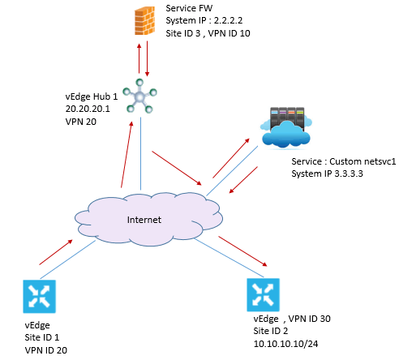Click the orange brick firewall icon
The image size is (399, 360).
(x=145, y=21)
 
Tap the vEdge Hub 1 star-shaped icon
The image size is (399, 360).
(x=139, y=96)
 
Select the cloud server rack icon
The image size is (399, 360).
(x=286, y=127)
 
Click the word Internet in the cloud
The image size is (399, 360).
(x=144, y=220)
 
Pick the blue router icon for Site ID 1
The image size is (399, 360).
(x=39, y=296)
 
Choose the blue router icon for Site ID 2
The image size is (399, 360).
(x=263, y=295)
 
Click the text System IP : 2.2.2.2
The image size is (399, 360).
(x=204, y=20)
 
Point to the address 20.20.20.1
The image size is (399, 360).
(x=88, y=109)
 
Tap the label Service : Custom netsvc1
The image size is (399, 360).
(x=344, y=161)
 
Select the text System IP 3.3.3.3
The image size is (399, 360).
(x=327, y=174)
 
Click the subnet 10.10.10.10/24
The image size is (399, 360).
(x=285, y=344)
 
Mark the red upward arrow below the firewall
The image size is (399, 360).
(x=139, y=58)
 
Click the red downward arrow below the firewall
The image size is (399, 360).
(x=147, y=58)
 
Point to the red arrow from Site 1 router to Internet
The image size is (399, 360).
(x=56, y=252)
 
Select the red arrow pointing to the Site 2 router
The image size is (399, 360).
(x=242, y=251)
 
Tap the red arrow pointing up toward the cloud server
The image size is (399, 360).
(x=231, y=158)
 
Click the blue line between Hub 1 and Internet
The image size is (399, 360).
(x=140, y=153)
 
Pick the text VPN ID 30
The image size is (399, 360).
(x=310, y=319)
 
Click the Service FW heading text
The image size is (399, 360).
(x=189, y=8)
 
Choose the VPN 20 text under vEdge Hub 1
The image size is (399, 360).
(x=81, y=122)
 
